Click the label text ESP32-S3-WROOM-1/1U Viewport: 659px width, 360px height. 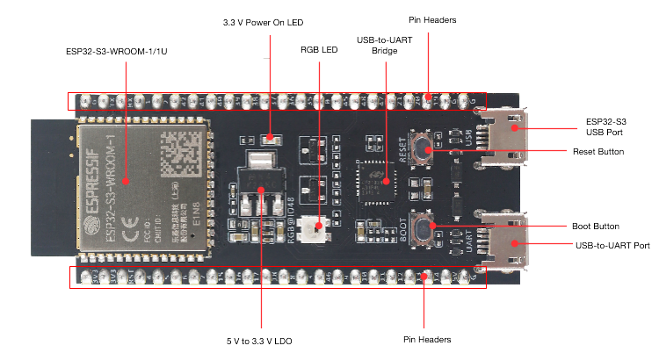[x=124, y=52]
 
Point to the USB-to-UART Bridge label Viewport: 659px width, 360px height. [x=380, y=46]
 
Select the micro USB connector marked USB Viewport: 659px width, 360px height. [x=506, y=135]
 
